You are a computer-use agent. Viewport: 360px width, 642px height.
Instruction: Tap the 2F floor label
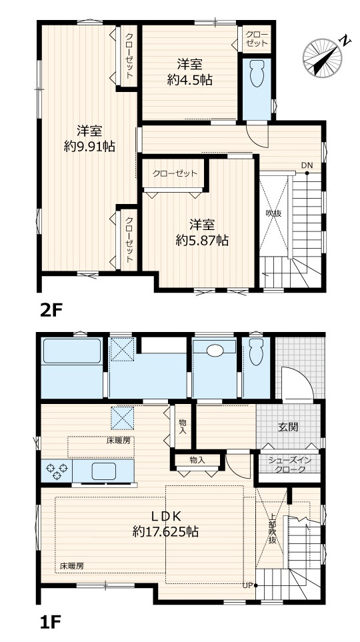(x=52, y=310)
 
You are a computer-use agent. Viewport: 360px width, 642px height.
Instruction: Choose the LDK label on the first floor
(x=165, y=515)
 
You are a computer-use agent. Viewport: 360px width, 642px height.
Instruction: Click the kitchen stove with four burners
(x=56, y=471)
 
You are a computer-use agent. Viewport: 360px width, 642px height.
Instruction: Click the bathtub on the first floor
(x=71, y=353)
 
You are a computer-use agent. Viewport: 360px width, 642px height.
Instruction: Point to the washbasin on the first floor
(x=214, y=351)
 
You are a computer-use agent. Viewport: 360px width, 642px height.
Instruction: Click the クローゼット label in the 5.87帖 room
(x=175, y=174)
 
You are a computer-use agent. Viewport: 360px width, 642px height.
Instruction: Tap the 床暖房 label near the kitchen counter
(x=119, y=441)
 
